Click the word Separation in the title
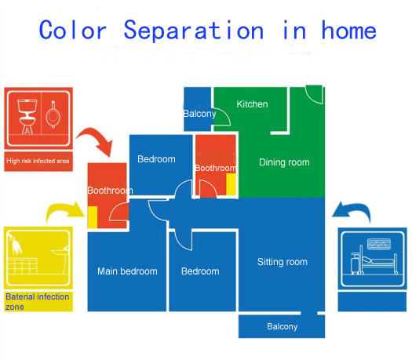pos(193,31)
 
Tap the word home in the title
pos(349,31)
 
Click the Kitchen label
pos(252,104)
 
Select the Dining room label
pos(284,162)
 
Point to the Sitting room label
pos(283,262)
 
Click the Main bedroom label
pos(127,271)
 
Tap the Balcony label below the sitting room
pos(283,326)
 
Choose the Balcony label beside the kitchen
pos(199,114)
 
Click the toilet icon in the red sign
pos(26,116)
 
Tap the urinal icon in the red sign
pos(53,115)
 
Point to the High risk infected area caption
pos(38,161)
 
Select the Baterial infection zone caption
pos(38,302)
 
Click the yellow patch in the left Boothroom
pos(93,217)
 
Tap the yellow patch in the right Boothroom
pos(231,184)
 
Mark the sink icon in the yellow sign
pos(62,259)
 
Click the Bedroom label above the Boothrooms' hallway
pos(156,159)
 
